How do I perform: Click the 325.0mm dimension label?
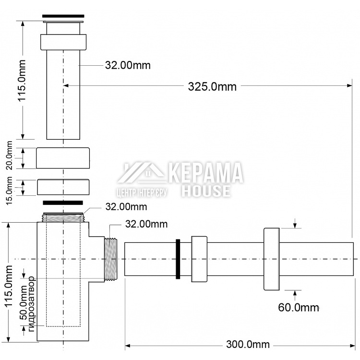tap(212, 87)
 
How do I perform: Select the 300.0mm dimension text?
tap(248, 344)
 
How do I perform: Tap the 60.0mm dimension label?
tap(299, 307)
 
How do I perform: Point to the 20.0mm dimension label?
tap(9, 156)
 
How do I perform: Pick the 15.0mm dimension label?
tap(9, 191)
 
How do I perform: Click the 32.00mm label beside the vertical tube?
tap(128, 65)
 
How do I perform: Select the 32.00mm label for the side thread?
tap(146, 224)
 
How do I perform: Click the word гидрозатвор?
tap(31, 304)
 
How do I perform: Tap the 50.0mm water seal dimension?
tap(23, 302)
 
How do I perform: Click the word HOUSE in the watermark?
tap(206, 191)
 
